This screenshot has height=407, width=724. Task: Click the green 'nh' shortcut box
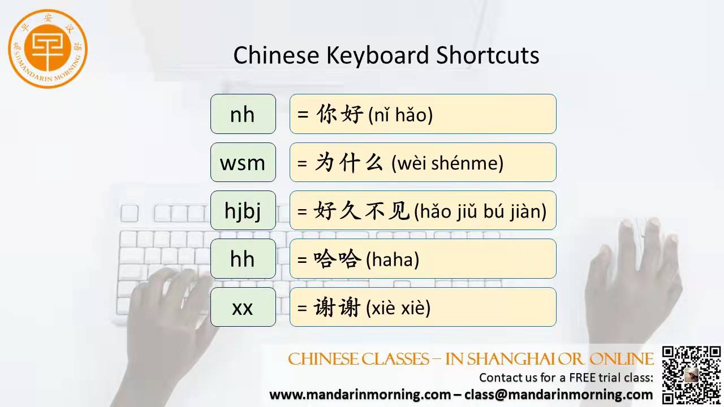point(243,114)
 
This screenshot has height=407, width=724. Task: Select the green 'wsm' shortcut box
point(243,162)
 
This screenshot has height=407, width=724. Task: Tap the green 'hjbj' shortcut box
point(243,210)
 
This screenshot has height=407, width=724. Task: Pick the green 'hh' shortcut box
point(243,259)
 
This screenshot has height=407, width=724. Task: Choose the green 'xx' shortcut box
point(243,307)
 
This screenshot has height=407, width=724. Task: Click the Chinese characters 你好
point(339,114)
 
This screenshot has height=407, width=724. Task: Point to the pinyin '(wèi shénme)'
point(447,163)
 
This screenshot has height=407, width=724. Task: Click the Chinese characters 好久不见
point(361,210)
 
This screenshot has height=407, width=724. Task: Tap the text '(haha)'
point(393,259)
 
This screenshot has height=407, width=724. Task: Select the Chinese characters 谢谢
point(337,307)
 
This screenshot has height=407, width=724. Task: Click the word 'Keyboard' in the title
point(377,55)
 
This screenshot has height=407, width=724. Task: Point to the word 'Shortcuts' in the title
point(488,55)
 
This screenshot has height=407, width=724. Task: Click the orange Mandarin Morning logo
point(48,49)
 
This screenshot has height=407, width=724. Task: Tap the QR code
point(691,375)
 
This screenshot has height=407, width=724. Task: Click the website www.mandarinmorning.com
point(360,395)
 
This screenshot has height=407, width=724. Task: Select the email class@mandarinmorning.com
point(558,395)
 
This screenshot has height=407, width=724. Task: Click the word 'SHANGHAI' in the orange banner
point(512,359)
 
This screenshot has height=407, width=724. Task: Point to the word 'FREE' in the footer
point(583,377)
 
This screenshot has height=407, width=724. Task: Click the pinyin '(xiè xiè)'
point(398,308)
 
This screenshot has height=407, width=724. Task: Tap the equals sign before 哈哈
point(302,259)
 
